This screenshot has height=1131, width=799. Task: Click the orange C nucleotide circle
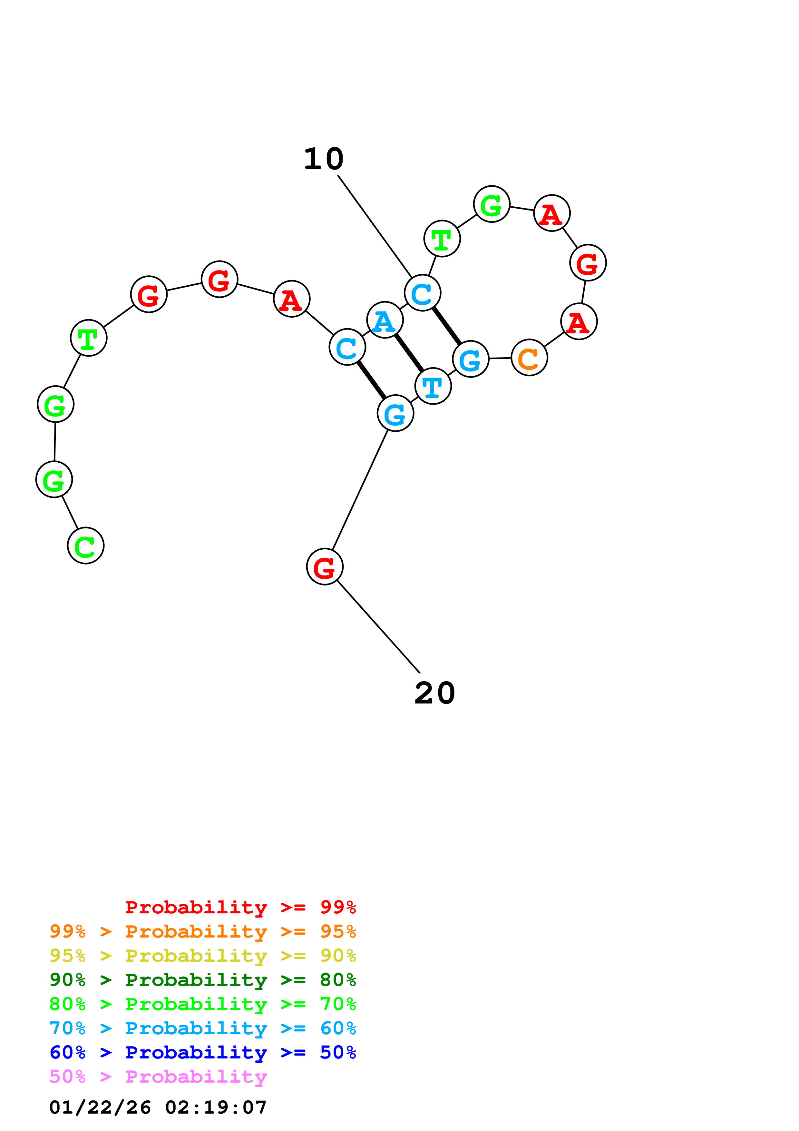(x=529, y=358)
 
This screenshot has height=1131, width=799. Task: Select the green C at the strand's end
(x=86, y=546)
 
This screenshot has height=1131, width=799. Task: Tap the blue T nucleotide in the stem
(x=433, y=386)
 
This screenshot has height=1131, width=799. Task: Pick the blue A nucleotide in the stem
(x=385, y=320)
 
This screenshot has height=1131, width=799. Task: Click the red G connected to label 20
(x=325, y=567)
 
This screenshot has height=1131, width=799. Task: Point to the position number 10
(x=324, y=159)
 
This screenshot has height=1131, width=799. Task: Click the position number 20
(x=435, y=693)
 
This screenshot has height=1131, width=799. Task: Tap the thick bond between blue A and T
(x=409, y=353)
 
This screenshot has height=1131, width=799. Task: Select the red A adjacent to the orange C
(x=579, y=322)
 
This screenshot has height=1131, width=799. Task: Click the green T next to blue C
(x=442, y=239)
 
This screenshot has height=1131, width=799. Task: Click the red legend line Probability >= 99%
(x=240, y=907)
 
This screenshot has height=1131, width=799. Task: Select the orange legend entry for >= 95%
(x=202, y=931)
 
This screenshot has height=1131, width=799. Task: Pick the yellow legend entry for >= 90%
(x=202, y=955)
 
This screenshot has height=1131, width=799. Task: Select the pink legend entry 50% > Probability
(x=158, y=1076)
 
